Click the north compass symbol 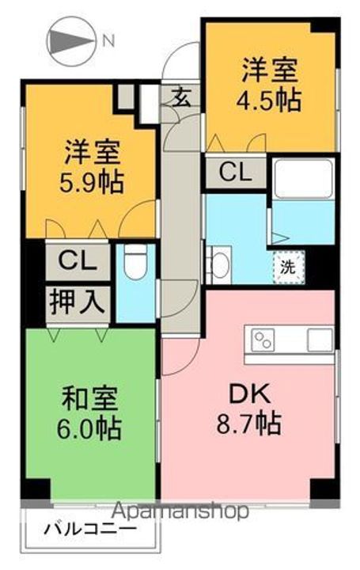[71, 42]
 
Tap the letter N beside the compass [108, 40]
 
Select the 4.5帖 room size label [269, 100]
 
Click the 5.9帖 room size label [92, 182]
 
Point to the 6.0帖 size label [89, 429]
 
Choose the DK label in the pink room [249, 393]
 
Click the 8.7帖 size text [249, 424]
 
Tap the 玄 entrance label [181, 97]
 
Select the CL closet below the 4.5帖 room [236, 173]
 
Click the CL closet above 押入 [78, 260]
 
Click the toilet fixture [135, 263]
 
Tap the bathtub [303, 179]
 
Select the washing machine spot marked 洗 [289, 268]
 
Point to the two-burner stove [263, 340]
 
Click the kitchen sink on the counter [320, 340]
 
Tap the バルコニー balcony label [90, 530]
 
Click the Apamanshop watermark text [180, 512]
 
